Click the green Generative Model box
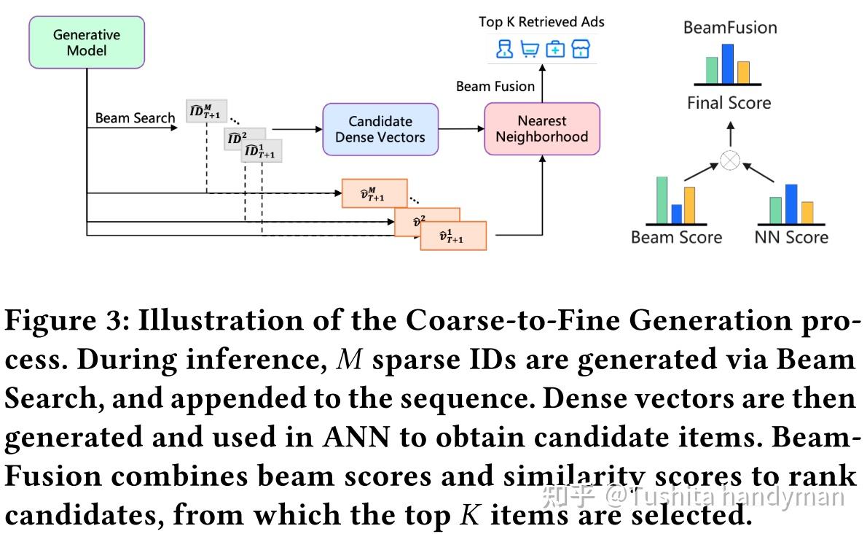[x=87, y=42]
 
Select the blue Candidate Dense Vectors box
[x=380, y=129]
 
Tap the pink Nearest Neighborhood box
[x=541, y=129]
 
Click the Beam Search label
[x=135, y=118]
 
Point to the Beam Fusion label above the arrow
[x=495, y=87]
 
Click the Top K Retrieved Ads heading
[x=541, y=22]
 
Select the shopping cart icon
[x=530, y=49]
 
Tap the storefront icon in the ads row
[x=581, y=49]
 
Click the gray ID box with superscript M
[x=206, y=110]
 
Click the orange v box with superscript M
[x=374, y=193]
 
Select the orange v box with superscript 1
[x=452, y=236]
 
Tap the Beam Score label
[x=676, y=237]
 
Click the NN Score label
[x=791, y=237]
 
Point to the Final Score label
[x=729, y=103]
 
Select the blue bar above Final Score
[x=727, y=64]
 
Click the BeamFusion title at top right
[x=730, y=28]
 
